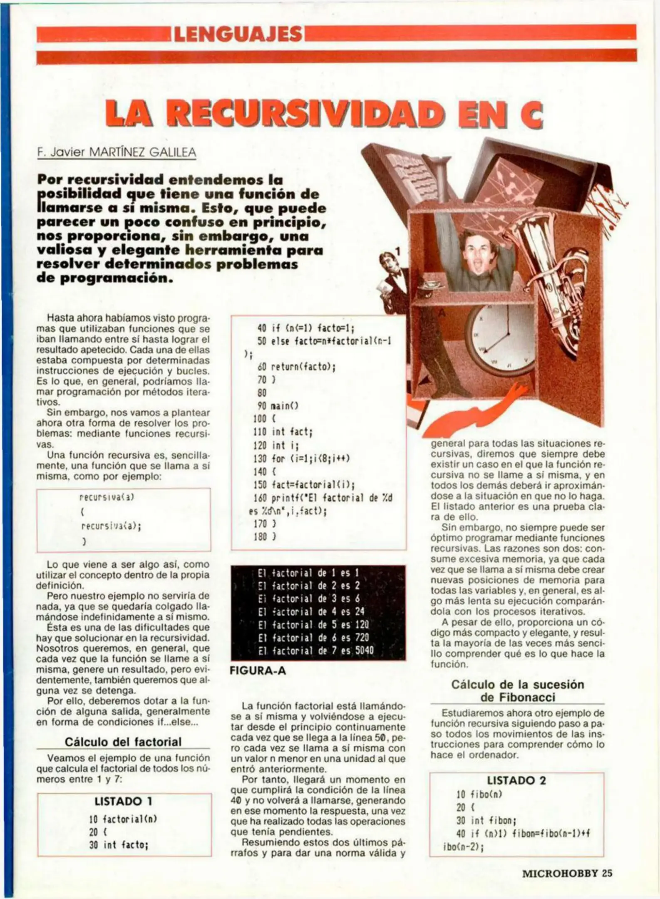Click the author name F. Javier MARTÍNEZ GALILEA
(x=117, y=153)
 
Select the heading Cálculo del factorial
(x=123, y=742)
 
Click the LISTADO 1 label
(x=124, y=801)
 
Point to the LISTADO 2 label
(x=516, y=780)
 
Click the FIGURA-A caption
(x=258, y=671)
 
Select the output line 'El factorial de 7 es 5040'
(x=315, y=650)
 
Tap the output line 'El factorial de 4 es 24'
(x=311, y=611)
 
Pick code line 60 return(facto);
(x=296, y=367)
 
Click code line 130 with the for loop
(x=302, y=458)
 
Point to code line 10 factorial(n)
(x=123, y=819)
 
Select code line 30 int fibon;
(x=486, y=821)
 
